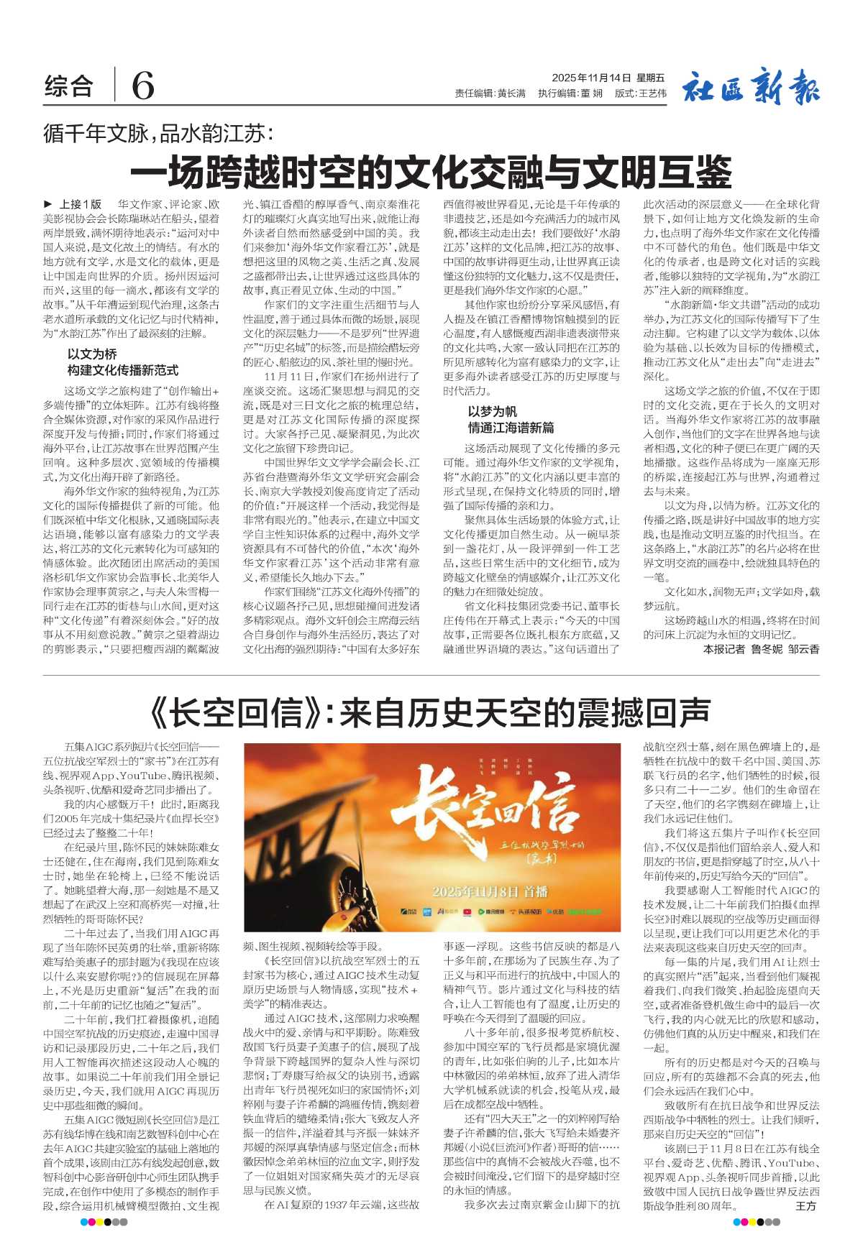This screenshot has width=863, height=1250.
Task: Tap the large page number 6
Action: (142, 87)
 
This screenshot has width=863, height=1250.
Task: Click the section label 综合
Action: (69, 87)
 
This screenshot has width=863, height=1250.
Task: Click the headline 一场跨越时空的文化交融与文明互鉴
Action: (431, 173)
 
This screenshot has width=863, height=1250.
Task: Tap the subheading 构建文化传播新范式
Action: (123, 370)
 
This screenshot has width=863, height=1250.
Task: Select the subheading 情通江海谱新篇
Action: (511, 428)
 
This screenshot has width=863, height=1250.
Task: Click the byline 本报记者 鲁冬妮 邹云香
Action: (761, 649)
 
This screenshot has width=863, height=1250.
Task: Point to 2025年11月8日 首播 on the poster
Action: (490, 891)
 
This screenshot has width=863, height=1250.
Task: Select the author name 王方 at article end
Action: (806, 1206)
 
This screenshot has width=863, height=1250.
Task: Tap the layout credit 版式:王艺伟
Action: (641, 93)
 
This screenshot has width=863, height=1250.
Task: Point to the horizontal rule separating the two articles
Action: (431, 676)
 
